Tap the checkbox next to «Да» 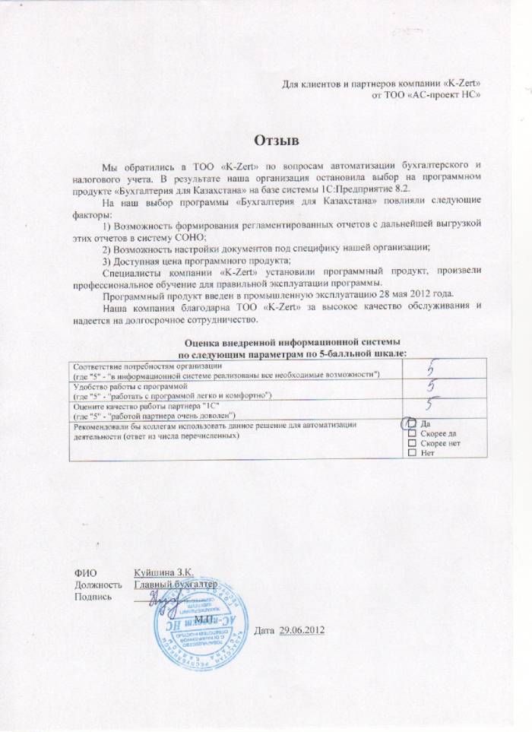(413, 423)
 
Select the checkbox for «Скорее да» (413, 433)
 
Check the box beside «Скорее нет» (413, 443)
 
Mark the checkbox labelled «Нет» (413, 453)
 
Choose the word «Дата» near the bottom (263, 632)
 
